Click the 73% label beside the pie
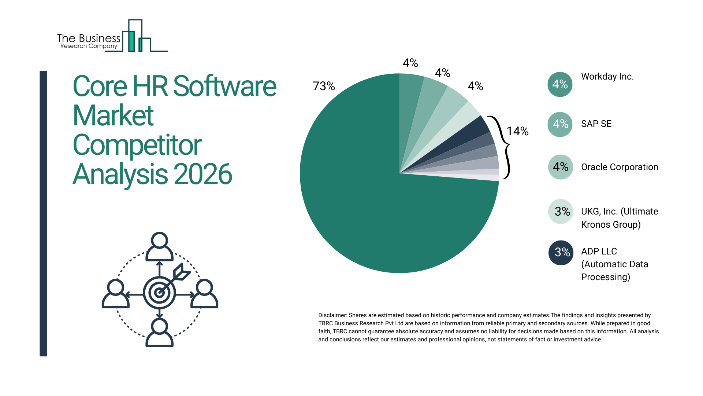tap(324, 86)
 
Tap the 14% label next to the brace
tap(517, 131)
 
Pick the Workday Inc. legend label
tap(607, 77)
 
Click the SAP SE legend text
tap(596, 124)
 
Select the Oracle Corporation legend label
tap(620, 167)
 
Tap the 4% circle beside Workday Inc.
tap(560, 84)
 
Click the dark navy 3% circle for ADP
tap(561, 252)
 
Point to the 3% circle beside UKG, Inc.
tap(561, 212)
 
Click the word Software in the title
tap(224, 87)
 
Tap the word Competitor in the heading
tap(137, 145)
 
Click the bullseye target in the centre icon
tap(159, 293)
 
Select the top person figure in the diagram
tap(159, 246)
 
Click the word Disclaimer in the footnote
tap(332, 315)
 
